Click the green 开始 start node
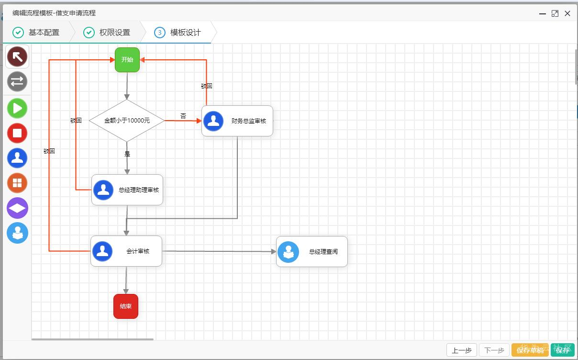127,60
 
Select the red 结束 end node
126,306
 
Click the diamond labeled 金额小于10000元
127,121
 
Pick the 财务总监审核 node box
237,121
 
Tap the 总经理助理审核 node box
127,190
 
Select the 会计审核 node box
126,251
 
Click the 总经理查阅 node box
311,251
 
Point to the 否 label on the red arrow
183,116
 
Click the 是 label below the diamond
127,154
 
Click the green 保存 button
563,350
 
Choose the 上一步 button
462,350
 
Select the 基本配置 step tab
36,32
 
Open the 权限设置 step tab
107,32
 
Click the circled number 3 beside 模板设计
160,33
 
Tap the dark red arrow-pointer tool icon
17,56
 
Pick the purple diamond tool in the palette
17,208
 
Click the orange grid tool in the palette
17,183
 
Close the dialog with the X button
567,13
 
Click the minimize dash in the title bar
543,14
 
